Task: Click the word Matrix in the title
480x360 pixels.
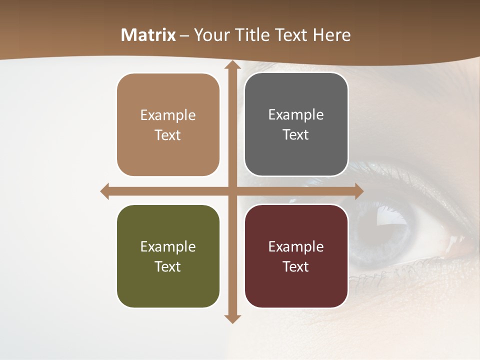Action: [x=148, y=35]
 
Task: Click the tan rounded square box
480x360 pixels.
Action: [x=168, y=125]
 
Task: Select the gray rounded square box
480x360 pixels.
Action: [x=296, y=124]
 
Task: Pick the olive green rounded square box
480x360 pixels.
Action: [x=168, y=256]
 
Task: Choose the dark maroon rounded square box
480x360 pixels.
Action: [x=296, y=256]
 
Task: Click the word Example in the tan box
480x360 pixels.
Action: [x=168, y=115]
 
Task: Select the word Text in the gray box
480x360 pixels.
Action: [x=296, y=135]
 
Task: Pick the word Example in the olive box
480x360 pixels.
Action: [x=168, y=247]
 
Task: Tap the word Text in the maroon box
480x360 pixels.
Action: [x=296, y=266]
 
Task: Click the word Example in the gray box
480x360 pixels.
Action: [x=296, y=115]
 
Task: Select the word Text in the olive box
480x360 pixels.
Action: [x=168, y=266]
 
